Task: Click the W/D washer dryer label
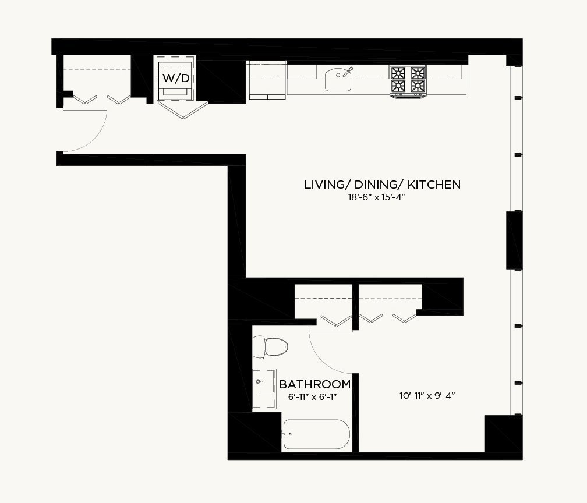(x=176, y=78)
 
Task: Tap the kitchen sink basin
(x=338, y=80)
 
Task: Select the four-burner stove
(x=408, y=81)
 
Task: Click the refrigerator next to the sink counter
(x=267, y=80)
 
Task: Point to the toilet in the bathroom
(x=270, y=347)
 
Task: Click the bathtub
(x=317, y=434)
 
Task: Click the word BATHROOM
(x=315, y=384)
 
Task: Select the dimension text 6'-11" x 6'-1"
(x=313, y=396)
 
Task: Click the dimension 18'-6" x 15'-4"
(x=377, y=197)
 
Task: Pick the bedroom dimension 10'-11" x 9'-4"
(x=427, y=396)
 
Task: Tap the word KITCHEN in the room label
(x=434, y=185)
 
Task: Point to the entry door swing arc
(x=94, y=139)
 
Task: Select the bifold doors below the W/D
(x=183, y=110)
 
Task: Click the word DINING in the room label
(x=377, y=185)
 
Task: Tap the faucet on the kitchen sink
(x=347, y=72)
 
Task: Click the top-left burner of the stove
(x=398, y=72)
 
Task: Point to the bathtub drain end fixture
(x=287, y=434)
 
